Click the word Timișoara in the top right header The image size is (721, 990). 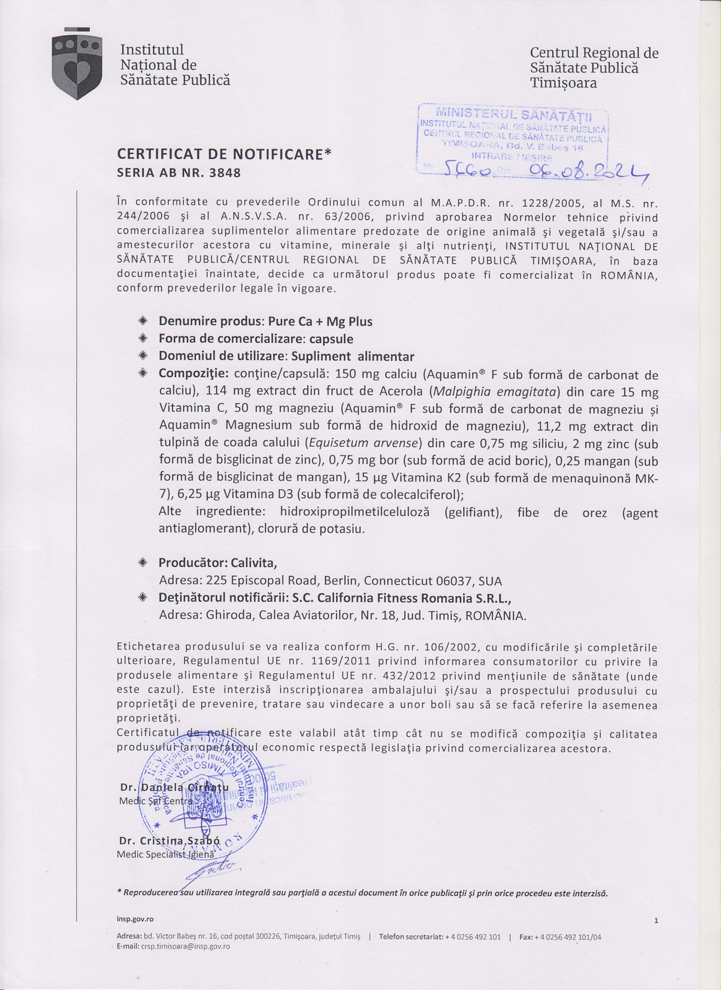pos(563,83)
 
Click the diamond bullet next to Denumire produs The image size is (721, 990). pos(143,321)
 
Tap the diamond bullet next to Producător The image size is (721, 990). pos(143,562)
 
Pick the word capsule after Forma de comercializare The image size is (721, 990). pos(332,339)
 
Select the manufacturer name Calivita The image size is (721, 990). pos(254,563)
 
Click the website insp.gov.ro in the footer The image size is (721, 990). pos(135,919)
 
